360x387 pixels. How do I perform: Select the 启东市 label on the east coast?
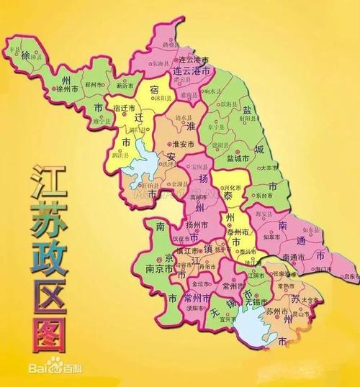click(350, 276)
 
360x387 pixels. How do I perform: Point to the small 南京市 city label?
click(159, 270)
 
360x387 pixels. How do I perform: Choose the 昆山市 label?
click(310, 314)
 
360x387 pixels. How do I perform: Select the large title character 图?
click(45, 324)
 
